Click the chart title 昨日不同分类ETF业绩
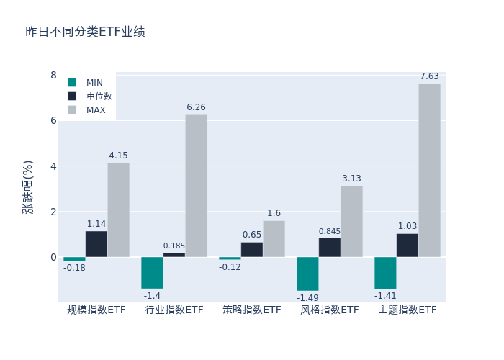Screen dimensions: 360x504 [x=85, y=32]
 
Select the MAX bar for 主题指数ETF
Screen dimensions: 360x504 [x=429, y=170]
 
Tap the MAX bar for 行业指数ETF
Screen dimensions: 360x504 [x=196, y=186]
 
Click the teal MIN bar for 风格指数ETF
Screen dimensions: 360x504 [x=307, y=274]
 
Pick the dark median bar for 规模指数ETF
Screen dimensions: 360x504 [x=96, y=244]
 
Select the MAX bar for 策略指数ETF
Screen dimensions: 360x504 [x=274, y=238]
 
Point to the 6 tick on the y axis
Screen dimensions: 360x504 [x=53, y=120]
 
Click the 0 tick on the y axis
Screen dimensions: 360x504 [x=53, y=257]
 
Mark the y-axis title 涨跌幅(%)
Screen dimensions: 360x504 [x=27, y=187]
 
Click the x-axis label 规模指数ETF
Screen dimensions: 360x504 [x=96, y=310]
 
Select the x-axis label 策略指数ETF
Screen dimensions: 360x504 [x=252, y=310]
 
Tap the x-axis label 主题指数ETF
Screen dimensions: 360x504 [x=408, y=310]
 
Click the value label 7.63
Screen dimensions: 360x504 [x=429, y=76]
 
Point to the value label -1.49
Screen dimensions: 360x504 [x=307, y=297]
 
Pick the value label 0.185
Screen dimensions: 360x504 [x=174, y=246]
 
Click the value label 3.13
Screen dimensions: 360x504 [x=351, y=179]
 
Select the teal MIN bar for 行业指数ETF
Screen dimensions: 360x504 [x=152, y=273]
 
